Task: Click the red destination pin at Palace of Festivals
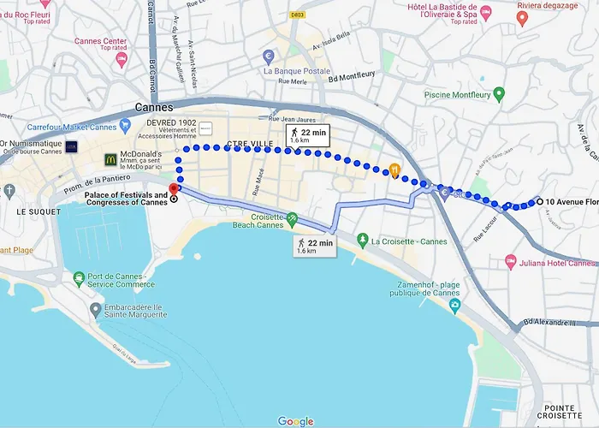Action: point(174,189)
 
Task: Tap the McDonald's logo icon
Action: point(110,159)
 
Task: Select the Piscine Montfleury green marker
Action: point(499,93)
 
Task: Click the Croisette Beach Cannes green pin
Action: point(292,220)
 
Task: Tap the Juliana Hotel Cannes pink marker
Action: point(510,259)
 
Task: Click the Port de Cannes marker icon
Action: point(80,278)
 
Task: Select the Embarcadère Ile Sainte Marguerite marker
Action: point(95,308)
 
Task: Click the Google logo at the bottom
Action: point(295,421)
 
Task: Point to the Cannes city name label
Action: point(154,108)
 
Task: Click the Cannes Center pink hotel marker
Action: point(121,60)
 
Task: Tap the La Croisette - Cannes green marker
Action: point(362,241)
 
